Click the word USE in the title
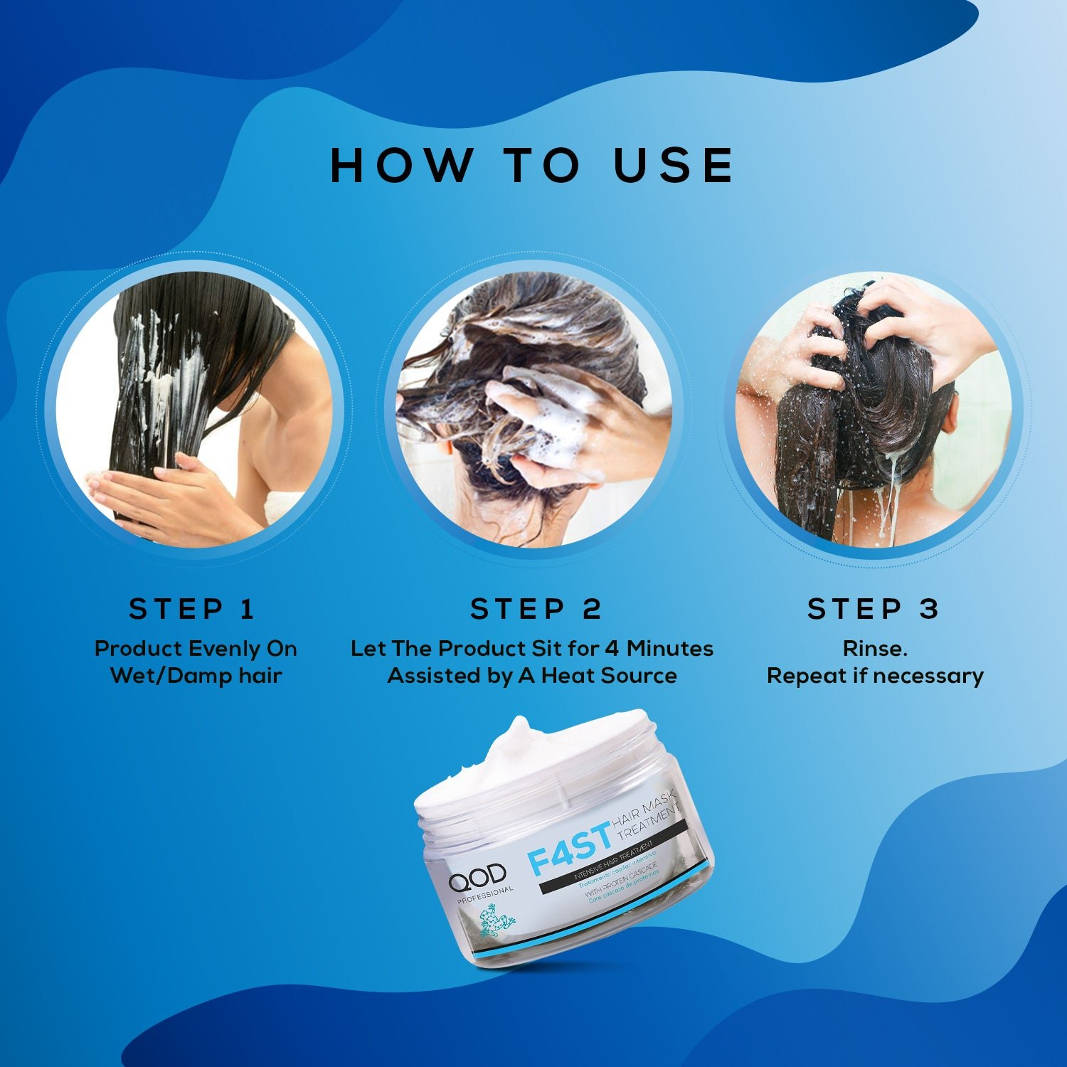pyautogui.click(x=673, y=165)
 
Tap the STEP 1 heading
pyautogui.click(x=192, y=609)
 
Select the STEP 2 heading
pyautogui.click(x=536, y=609)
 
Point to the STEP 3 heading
pyautogui.click(x=874, y=609)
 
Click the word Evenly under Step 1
pyautogui.click(x=224, y=649)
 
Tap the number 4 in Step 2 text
pyautogui.click(x=612, y=649)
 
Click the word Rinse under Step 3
pyautogui.click(x=874, y=649)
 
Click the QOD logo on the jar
pyautogui.click(x=477, y=875)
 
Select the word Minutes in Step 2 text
pyautogui.click(x=669, y=649)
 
